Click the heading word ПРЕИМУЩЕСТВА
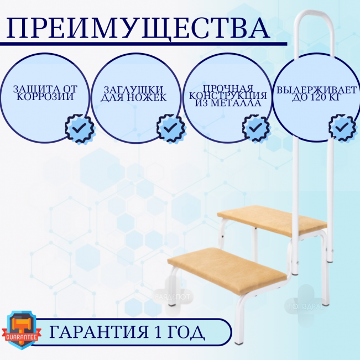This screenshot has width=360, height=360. tap(138, 28)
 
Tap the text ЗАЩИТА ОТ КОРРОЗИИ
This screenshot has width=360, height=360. tap(45, 93)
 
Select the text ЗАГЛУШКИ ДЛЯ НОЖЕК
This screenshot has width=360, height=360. tap(134, 93)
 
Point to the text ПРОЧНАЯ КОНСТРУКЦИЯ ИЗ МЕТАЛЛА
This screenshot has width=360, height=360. tap(228, 96)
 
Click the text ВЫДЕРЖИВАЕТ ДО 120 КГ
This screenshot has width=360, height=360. tap(316, 93)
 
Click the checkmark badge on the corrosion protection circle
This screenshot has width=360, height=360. tap(80, 128)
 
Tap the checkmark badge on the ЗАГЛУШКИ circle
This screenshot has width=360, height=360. tap(171, 128)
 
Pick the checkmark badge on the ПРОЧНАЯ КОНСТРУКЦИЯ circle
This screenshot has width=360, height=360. tap(256, 128)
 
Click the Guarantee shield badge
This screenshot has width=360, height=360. tap(22, 330)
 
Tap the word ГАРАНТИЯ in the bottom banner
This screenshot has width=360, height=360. tap(99, 332)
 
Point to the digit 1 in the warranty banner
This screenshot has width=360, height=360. tap(158, 332)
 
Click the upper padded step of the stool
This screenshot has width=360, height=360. tap(272, 221)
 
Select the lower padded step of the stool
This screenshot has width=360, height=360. tap(227, 271)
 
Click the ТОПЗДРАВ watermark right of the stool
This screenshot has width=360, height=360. tap(306, 306)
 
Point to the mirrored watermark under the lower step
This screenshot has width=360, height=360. tap(173, 296)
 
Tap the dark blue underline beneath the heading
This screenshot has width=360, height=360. tap(143, 44)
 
